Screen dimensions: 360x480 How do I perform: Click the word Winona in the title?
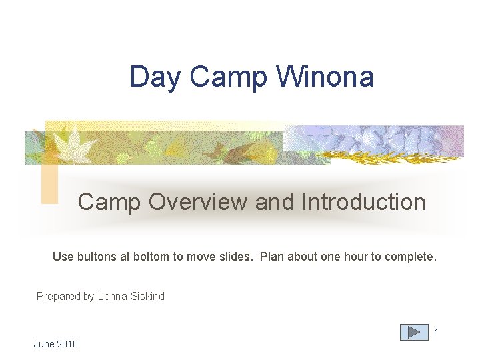coord(325,77)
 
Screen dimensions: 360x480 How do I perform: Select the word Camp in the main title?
coord(227,78)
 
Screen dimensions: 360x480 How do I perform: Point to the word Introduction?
coord(363,201)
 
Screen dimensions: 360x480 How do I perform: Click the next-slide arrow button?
coord(414,332)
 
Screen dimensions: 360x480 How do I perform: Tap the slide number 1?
coord(437,331)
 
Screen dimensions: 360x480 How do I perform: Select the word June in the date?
coord(44,344)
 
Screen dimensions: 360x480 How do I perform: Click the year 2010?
coord(67,344)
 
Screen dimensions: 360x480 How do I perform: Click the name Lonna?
coord(112,296)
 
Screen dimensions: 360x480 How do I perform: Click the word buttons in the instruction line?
coord(95,257)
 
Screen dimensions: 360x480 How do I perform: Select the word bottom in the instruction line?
coord(151,257)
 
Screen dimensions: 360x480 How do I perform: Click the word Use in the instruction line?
coord(62,257)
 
